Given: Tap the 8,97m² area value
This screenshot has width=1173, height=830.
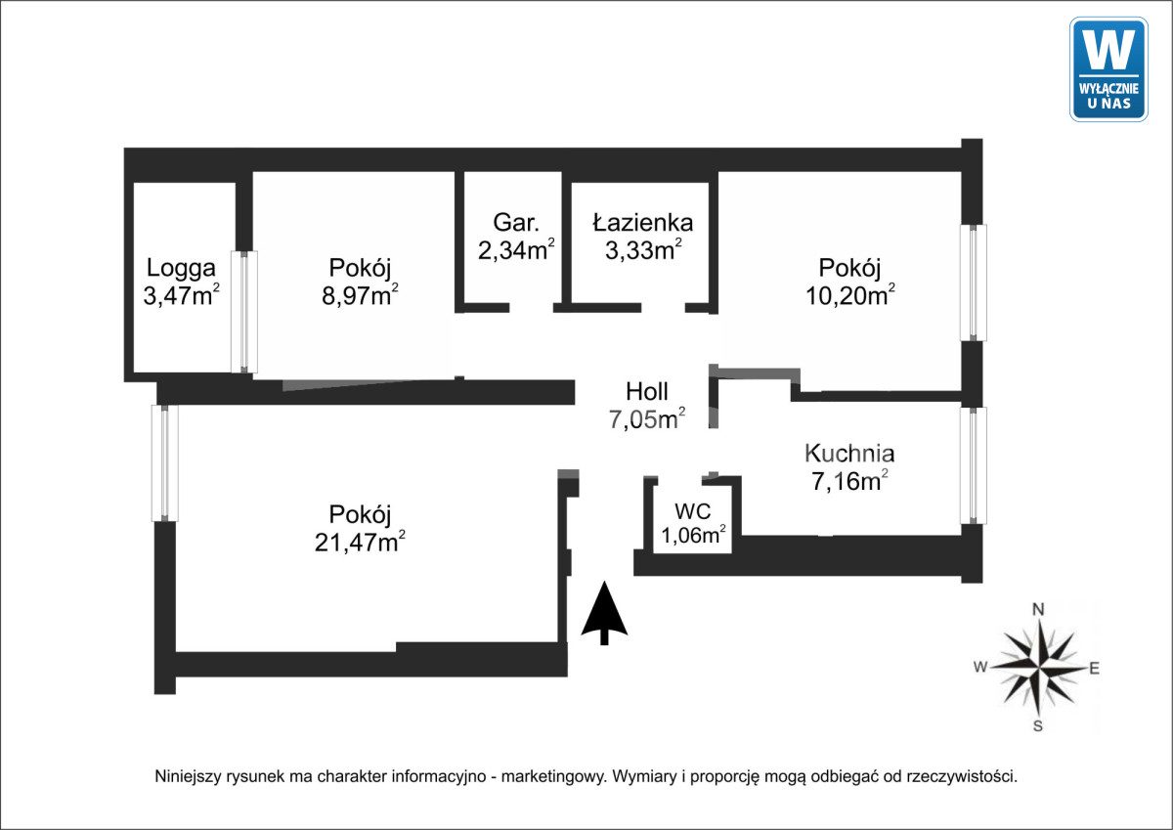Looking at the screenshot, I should tap(360, 295).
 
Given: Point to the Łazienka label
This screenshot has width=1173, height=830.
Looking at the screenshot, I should tap(642, 222).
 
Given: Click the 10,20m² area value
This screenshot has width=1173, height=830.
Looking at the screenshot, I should tap(850, 295).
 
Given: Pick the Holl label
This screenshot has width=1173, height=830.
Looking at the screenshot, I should tap(647, 392).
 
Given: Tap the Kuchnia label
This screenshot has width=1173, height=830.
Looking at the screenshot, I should tap(849, 453).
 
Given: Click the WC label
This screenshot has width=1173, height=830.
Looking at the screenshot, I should tap(693, 510).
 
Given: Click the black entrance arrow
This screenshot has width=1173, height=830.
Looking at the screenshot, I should tap(604, 613).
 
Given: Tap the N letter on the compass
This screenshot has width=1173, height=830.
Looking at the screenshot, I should tap(1039, 610).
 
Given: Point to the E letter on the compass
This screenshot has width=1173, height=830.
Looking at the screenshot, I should tap(1095, 669).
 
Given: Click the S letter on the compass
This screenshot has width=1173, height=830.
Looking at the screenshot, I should tap(1039, 725).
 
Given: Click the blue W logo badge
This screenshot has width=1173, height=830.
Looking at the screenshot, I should tap(1108, 68).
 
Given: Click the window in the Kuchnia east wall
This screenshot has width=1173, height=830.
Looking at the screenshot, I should tap(973, 465).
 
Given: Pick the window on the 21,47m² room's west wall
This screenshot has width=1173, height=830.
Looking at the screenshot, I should tap(165, 462).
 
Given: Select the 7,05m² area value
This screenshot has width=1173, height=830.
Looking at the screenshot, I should tap(646, 420).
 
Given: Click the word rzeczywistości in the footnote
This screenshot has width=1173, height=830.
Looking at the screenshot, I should tap(962, 777).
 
